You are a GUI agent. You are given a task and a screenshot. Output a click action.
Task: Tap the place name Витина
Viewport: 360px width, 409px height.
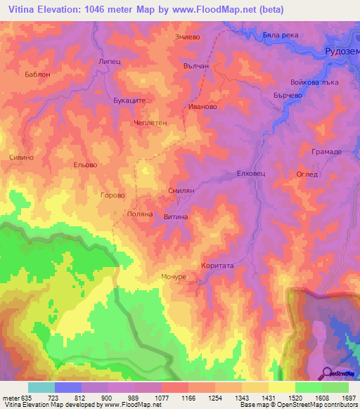tap(175, 217)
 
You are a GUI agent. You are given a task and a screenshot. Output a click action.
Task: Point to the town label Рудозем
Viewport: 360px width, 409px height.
tap(342, 52)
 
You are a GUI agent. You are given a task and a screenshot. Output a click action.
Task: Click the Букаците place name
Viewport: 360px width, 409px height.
tap(129, 101)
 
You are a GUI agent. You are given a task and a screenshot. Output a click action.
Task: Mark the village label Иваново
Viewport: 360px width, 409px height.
tap(201, 108)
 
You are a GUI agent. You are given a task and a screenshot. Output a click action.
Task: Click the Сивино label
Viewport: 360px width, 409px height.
tap(21, 158)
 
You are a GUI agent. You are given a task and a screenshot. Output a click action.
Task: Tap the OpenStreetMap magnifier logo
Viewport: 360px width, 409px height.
tap(326, 373)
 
